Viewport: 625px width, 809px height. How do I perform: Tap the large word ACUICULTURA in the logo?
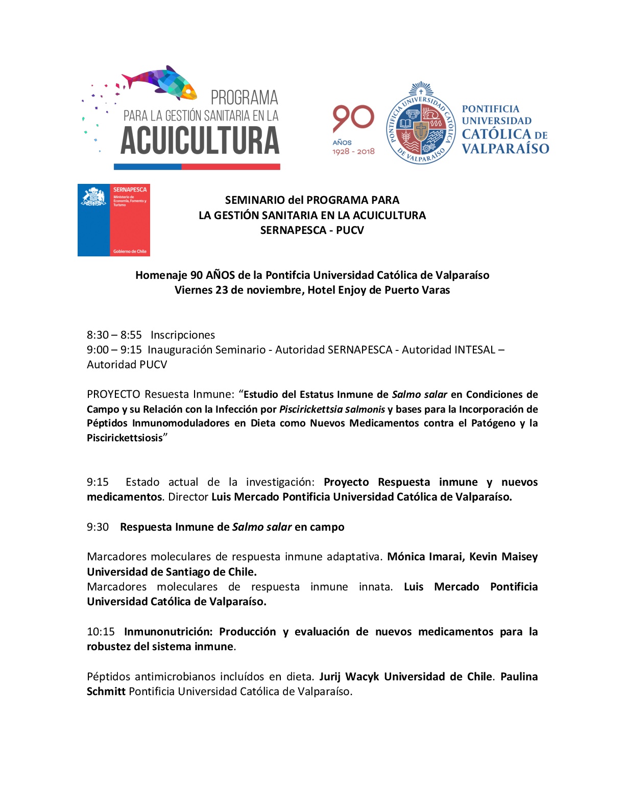(200, 141)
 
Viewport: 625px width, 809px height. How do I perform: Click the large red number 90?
(353, 119)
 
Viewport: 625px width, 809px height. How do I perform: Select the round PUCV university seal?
(420, 124)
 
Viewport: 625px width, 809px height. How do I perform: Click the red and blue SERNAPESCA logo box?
(114, 220)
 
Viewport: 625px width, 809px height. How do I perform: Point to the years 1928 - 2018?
(353, 152)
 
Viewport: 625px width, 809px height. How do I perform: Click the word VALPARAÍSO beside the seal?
(505, 149)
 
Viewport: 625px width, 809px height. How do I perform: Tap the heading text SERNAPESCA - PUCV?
(312, 230)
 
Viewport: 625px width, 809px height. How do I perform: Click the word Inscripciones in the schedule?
(183, 335)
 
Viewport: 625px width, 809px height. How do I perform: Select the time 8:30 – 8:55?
(114, 335)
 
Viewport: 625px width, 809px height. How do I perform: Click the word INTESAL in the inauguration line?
(472, 350)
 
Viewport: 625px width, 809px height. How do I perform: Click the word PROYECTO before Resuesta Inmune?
(113, 394)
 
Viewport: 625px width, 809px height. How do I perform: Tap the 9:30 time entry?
(98, 527)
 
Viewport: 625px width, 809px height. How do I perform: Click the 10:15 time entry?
(101, 632)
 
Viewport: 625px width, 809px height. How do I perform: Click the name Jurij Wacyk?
(349, 677)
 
